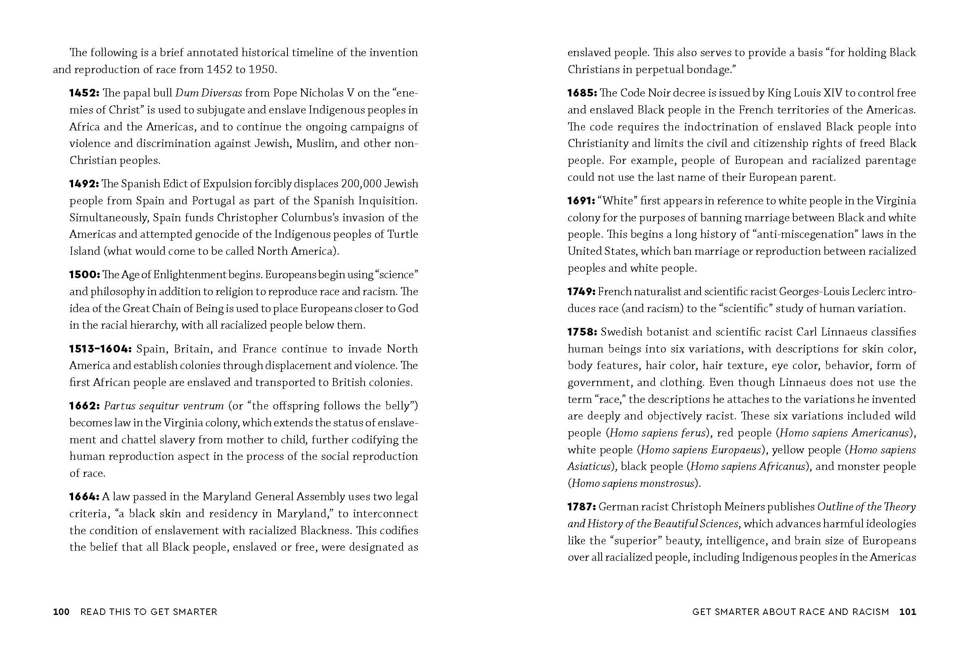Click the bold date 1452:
(84, 93)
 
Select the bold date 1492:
(84, 184)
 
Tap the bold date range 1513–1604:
(100, 349)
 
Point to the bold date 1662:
(84, 406)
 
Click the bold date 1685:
(582, 93)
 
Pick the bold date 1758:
(582, 332)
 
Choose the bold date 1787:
(582, 507)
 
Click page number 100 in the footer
(61, 612)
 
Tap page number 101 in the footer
(908, 612)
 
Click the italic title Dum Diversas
(208, 93)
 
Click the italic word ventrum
(203, 406)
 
